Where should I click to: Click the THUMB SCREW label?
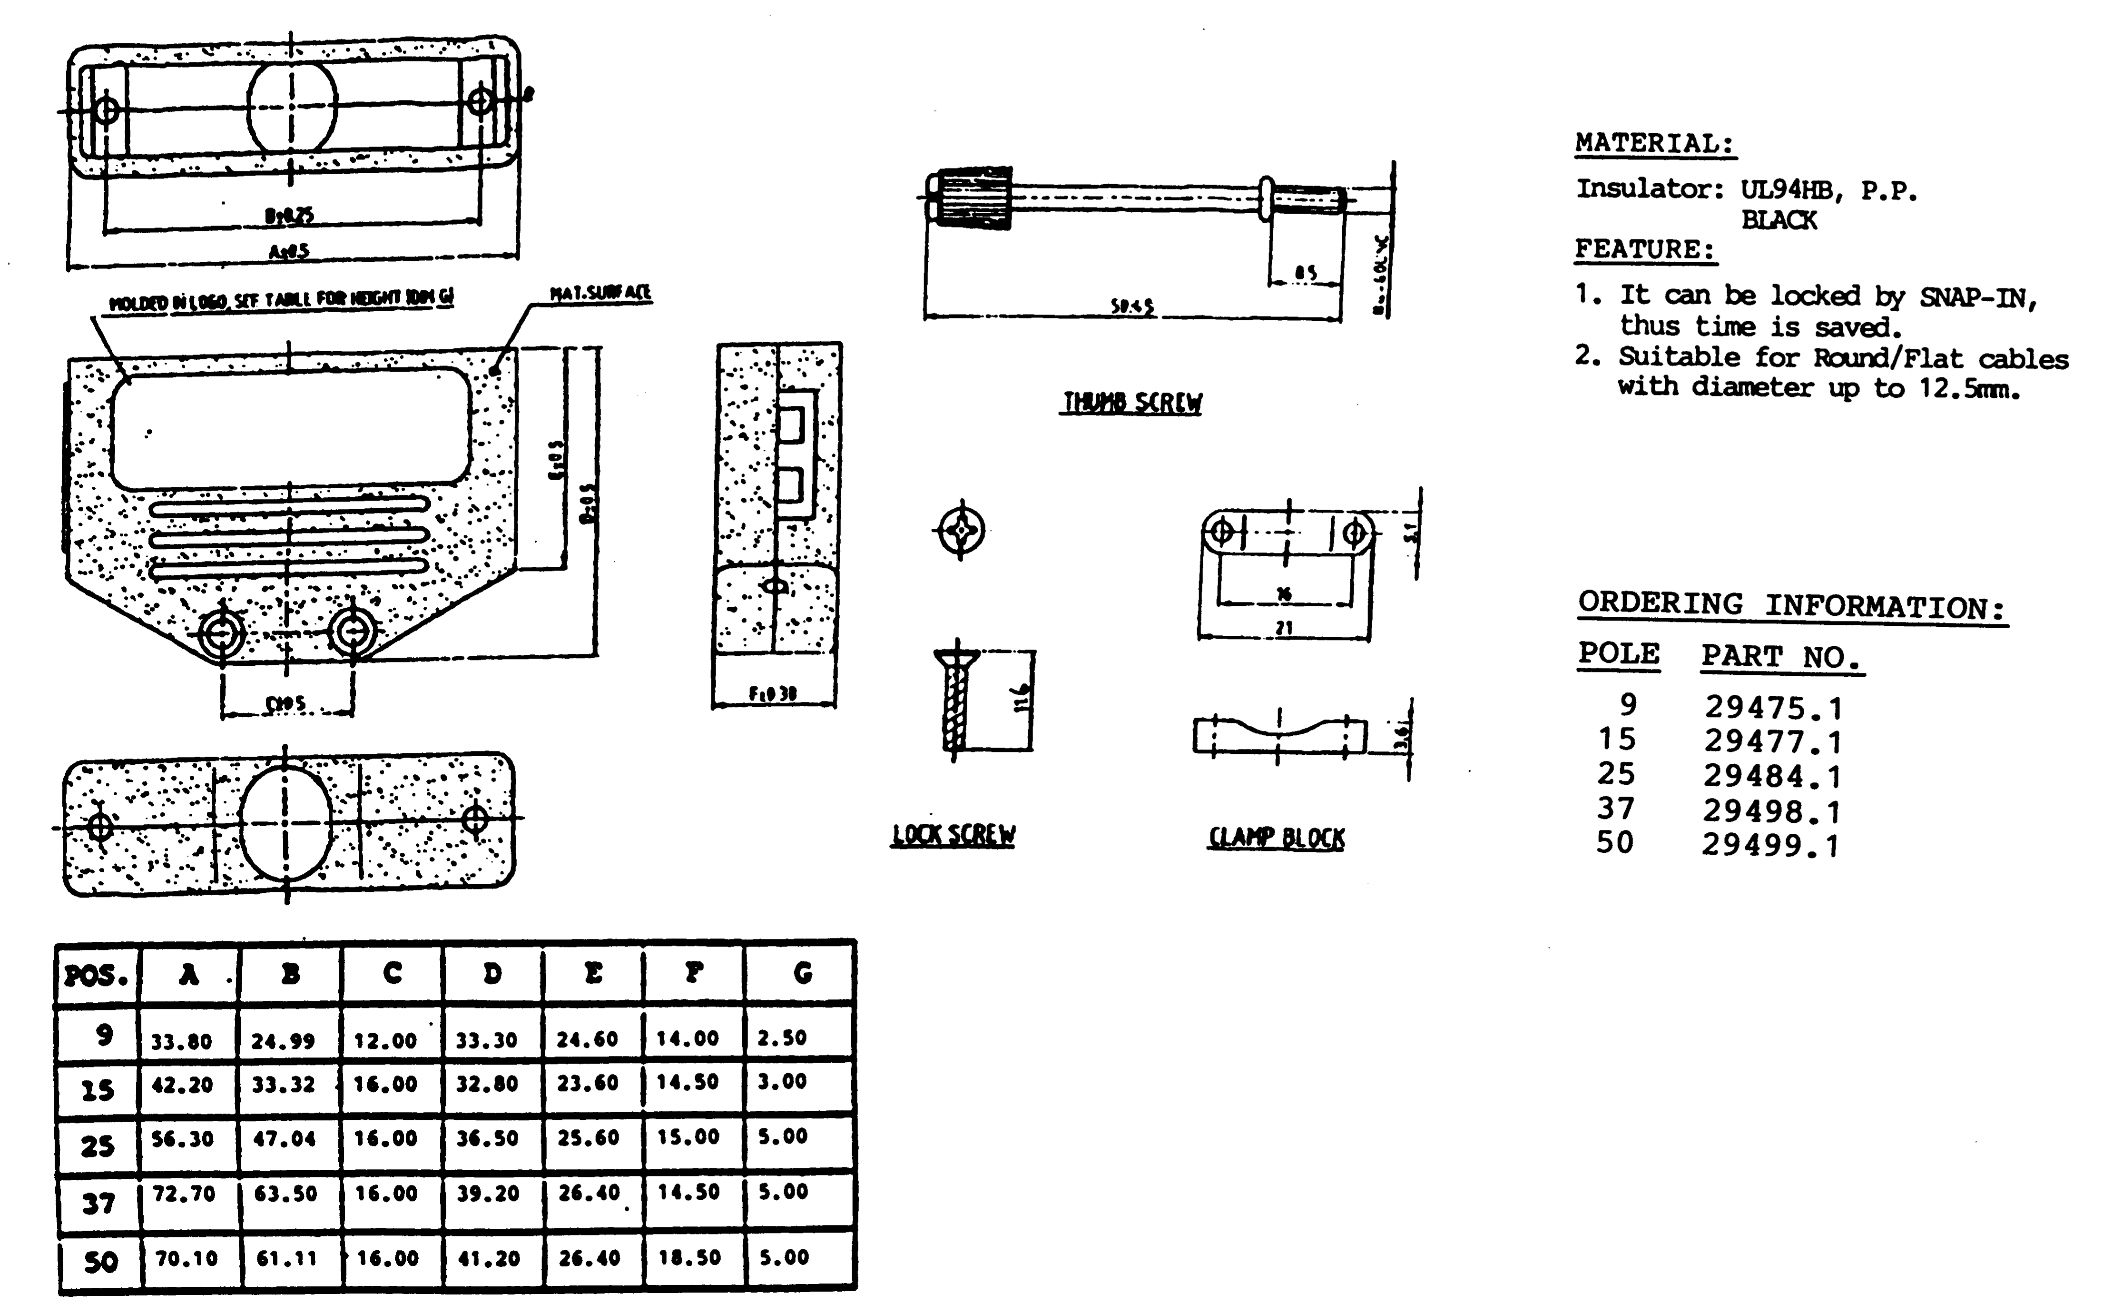1131,403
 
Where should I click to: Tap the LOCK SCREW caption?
953,835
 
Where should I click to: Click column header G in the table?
802,974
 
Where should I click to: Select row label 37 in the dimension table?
98,1202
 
